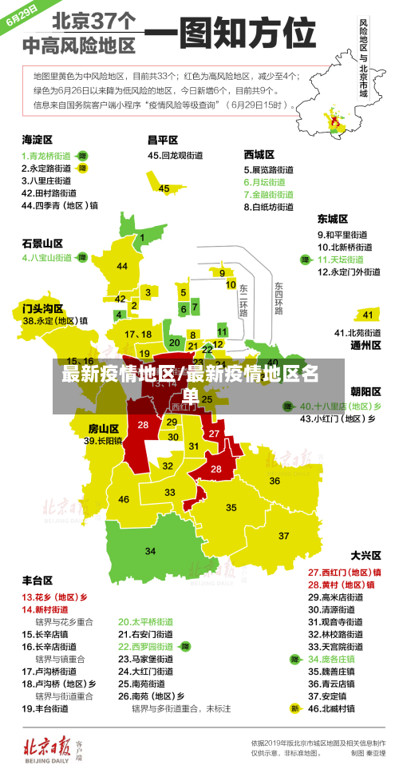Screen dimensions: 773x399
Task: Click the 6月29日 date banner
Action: coord(22,17)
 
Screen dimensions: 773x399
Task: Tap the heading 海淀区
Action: coord(38,139)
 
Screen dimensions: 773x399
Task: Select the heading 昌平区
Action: coord(162,139)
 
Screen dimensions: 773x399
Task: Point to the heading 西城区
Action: coord(259,153)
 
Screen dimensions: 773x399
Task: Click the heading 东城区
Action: coord(333,218)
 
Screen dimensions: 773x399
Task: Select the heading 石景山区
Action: coord(41,242)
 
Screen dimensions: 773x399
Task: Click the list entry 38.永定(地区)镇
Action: coord(55,321)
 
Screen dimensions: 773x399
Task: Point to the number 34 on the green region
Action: coord(150,551)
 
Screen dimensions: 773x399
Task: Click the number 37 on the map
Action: coord(283,535)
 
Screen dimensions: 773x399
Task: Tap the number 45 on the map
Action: coord(164,188)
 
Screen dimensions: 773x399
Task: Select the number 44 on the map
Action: coord(121,266)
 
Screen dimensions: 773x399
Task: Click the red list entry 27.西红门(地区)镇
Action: coord(344,572)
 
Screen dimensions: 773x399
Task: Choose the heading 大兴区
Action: coord(366,554)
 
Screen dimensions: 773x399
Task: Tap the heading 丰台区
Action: coord(38,580)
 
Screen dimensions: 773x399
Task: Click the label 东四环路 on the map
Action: coord(279,297)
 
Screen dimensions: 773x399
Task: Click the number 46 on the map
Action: coord(124,499)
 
